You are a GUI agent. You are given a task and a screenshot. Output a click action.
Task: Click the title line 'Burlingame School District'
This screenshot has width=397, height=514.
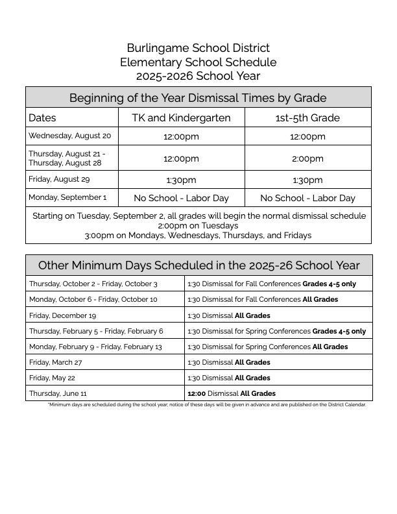click(x=198, y=48)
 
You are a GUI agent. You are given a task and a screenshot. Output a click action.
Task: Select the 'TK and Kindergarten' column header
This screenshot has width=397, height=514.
click(x=181, y=117)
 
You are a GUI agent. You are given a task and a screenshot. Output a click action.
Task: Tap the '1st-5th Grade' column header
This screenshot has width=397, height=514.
click(x=307, y=117)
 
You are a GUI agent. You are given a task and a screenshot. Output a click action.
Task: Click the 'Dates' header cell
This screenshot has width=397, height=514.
click(x=43, y=117)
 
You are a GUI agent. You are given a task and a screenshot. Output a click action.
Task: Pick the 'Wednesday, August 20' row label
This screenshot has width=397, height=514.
click(x=70, y=136)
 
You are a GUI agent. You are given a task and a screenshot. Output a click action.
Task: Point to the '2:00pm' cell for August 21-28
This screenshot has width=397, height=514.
click(x=307, y=158)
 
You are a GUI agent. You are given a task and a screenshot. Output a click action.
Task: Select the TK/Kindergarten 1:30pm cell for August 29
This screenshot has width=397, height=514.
click(x=181, y=180)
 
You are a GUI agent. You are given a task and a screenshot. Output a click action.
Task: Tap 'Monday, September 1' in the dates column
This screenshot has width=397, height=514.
click(x=67, y=197)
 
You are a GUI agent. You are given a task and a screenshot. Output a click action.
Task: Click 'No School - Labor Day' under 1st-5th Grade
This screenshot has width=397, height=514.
click(x=307, y=198)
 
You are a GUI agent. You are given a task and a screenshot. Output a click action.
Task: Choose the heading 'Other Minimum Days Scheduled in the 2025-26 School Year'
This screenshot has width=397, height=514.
click(x=198, y=265)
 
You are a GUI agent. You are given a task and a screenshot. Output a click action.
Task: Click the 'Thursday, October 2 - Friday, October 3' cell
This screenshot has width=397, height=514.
click(x=93, y=284)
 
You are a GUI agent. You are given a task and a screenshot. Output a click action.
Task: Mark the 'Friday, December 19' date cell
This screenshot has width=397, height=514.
click(x=63, y=315)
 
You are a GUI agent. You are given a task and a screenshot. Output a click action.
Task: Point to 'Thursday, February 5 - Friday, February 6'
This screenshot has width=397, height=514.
click(x=96, y=331)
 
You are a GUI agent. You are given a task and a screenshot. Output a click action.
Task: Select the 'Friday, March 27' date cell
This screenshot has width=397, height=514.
click(x=56, y=362)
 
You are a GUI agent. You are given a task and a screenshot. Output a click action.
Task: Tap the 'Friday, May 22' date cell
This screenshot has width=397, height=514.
click(x=52, y=378)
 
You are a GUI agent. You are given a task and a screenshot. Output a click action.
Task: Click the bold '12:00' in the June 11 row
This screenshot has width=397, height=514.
click(x=197, y=393)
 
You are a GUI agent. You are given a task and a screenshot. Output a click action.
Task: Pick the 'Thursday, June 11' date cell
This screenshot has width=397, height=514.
click(x=58, y=393)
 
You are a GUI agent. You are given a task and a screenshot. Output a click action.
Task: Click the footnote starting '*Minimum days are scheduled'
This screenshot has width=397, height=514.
click(x=207, y=405)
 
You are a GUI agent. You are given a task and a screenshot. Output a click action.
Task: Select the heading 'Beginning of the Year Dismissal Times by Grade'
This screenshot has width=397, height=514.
click(x=198, y=98)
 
